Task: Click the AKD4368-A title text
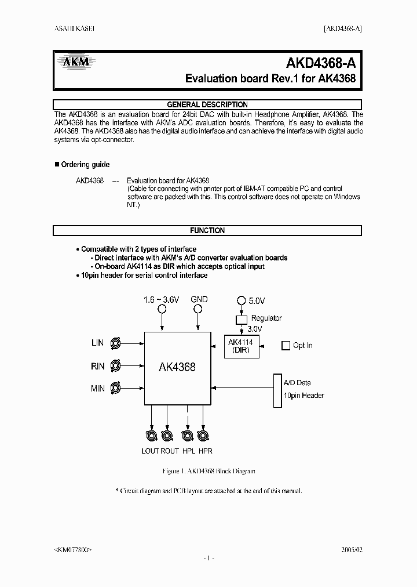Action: click(x=324, y=63)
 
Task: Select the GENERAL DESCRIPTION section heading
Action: click(x=207, y=104)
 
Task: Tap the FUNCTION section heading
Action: click(x=207, y=230)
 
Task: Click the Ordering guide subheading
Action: click(x=85, y=165)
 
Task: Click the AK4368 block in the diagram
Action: click(x=177, y=367)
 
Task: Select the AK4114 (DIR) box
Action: click(x=241, y=346)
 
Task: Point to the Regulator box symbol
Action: click(x=241, y=319)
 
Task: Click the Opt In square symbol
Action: click(x=285, y=346)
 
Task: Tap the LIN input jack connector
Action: click(x=116, y=343)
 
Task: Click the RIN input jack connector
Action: click(x=116, y=366)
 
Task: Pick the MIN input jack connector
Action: click(x=116, y=388)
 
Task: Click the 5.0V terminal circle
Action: click(x=241, y=300)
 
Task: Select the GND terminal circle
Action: click(x=198, y=309)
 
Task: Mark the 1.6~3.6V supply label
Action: click(x=162, y=300)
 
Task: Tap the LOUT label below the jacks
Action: click(x=150, y=451)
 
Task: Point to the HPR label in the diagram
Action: click(x=205, y=451)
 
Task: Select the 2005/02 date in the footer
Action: click(x=351, y=548)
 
